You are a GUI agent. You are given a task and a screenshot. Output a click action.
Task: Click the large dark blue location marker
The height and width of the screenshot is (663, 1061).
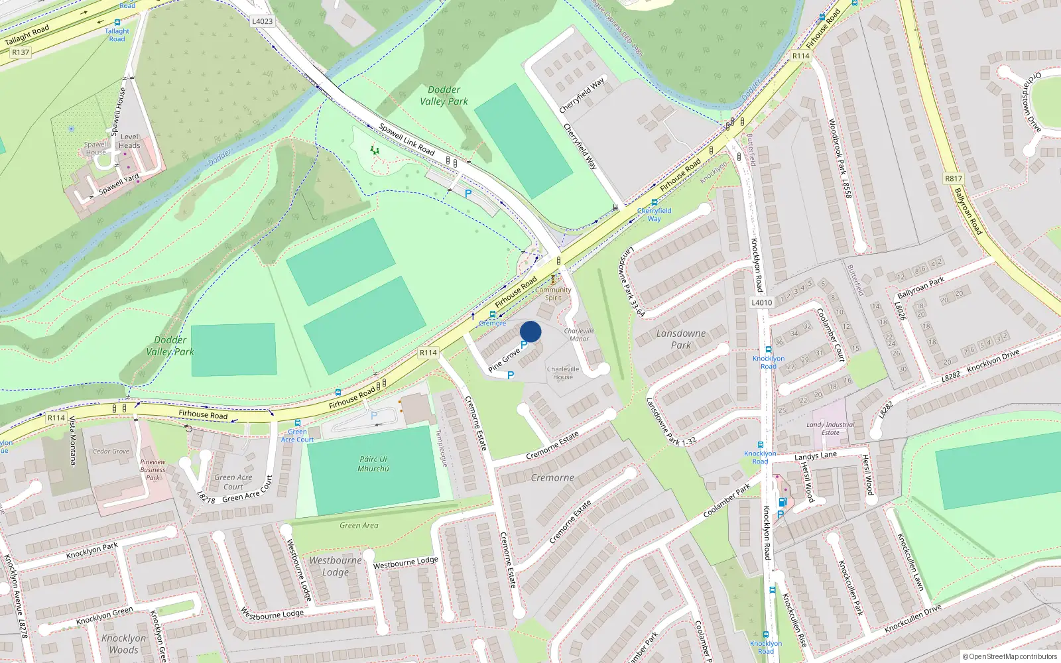point(530,331)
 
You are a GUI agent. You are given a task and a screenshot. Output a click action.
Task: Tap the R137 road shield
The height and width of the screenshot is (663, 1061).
point(21,52)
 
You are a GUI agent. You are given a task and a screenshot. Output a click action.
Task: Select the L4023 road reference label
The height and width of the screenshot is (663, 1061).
point(263,21)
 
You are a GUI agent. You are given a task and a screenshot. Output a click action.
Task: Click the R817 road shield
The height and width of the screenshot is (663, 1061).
point(954,178)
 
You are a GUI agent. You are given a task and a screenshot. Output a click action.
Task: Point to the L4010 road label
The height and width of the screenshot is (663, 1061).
point(762,302)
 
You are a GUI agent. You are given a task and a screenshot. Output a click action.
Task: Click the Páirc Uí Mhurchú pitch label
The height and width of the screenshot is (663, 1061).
point(373,463)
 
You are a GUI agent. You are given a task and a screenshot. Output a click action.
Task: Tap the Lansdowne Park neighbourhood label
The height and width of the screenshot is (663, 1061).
point(681,339)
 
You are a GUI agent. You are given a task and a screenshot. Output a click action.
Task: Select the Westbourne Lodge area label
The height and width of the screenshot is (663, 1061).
point(336,566)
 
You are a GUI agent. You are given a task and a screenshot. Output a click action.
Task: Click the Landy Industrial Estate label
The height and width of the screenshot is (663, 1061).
point(830,428)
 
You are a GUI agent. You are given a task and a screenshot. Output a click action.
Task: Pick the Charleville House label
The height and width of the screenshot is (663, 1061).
point(563,373)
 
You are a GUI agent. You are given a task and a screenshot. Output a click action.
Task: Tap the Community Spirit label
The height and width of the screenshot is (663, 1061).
point(553,294)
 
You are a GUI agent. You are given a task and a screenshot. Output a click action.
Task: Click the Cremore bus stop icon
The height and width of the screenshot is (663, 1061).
point(493,314)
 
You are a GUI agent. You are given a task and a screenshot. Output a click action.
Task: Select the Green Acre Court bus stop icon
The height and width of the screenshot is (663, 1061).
point(297,423)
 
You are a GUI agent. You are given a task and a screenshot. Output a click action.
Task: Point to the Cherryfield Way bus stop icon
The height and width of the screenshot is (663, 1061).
point(655,202)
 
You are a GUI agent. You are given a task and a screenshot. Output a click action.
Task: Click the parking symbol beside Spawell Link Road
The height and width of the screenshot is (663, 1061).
point(468,194)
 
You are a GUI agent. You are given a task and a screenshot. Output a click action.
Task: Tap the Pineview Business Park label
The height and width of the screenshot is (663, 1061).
point(153,469)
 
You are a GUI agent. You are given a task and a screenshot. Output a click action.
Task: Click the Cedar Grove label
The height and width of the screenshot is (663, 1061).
point(111,452)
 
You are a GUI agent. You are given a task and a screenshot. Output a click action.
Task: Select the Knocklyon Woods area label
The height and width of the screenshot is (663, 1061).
point(124,644)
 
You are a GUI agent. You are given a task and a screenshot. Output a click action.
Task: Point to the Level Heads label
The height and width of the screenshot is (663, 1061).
point(129,141)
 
